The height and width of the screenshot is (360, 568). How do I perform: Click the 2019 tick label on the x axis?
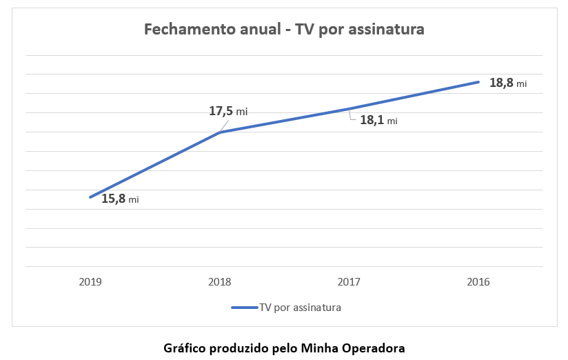(90, 282)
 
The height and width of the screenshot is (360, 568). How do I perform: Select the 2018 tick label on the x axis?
(220, 282)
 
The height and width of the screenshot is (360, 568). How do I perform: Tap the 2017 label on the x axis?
(349, 282)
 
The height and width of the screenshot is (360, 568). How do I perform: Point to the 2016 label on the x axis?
(478, 282)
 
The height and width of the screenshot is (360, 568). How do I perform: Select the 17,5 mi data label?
(229, 110)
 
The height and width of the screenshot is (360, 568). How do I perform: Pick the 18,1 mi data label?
(378, 120)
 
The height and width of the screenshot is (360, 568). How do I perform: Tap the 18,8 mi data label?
(508, 83)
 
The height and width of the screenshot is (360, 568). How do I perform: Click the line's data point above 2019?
(90, 197)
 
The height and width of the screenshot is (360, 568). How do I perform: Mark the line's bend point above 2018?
(220, 132)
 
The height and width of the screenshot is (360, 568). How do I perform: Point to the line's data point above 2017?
(349, 109)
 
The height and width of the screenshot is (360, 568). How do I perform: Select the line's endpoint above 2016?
(478, 82)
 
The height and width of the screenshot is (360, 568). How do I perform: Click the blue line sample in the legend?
(244, 308)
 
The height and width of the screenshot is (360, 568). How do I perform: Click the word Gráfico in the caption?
(185, 348)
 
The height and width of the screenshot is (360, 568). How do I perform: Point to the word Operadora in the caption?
(375, 348)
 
